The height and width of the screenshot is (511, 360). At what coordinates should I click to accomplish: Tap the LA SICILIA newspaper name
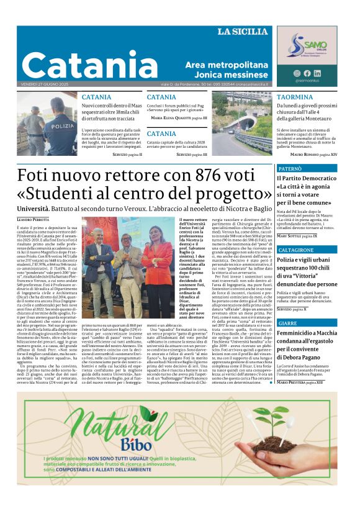[243, 32]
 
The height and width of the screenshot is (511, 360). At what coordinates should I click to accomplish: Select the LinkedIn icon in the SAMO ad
[317, 73]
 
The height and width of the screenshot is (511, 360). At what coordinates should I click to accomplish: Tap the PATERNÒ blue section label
[290, 169]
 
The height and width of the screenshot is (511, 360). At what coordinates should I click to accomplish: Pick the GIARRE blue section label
[287, 323]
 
